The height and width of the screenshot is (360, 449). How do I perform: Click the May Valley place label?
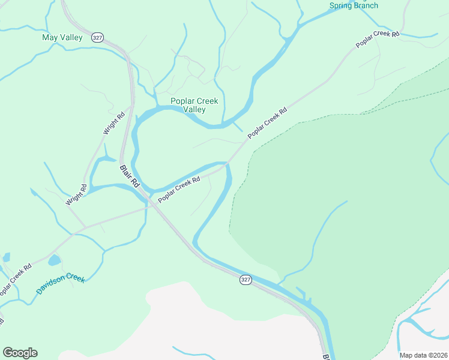click(62, 38)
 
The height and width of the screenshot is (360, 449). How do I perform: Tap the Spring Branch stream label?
click(354, 5)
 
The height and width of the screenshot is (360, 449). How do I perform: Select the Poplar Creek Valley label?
click(194, 105)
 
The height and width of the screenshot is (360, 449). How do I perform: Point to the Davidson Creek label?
click(61, 283)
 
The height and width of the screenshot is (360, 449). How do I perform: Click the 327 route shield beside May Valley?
click(97, 37)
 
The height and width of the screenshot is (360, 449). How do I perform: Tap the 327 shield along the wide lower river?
click(245, 280)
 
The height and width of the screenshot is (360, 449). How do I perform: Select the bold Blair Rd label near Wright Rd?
click(129, 178)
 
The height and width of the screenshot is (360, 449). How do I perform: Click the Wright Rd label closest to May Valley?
click(113, 123)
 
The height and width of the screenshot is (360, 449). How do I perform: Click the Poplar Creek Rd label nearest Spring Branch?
click(378, 40)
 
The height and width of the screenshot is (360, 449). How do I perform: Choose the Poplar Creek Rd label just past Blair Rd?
click(179, 189)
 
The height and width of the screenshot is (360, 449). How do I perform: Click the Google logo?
click(20, 353)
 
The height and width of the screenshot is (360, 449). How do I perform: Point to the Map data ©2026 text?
click(423, 355)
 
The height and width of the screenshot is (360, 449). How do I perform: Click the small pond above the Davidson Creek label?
click(54, 260)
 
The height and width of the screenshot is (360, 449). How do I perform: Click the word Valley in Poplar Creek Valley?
click(194, 110)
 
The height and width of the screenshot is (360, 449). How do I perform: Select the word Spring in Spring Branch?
click(340, 5)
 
